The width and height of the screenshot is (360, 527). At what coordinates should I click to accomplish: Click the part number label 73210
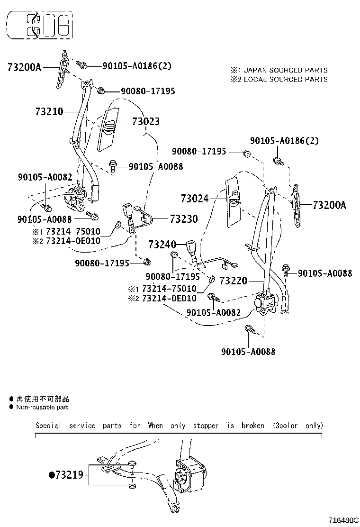click(x=49, y=112)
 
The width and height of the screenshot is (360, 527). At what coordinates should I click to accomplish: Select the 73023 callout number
click(x=145, y=122)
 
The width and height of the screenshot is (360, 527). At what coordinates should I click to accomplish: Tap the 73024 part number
click(x=194, y=199)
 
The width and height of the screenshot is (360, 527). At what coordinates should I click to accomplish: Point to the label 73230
click(x=184, y=219)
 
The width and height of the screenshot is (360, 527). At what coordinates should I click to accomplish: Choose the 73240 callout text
click(x=162, y=245)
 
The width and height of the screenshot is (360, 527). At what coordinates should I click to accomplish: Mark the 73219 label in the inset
click(x=69, y=474)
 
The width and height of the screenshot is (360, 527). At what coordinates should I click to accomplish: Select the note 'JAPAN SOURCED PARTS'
click(x=287, y=70)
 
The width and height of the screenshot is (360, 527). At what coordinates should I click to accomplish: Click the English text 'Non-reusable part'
click(x=42, y=407)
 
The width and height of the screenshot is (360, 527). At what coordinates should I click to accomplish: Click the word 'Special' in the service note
click(x=48, y=426)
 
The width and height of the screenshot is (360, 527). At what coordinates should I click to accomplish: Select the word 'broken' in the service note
click(x=252, y=426)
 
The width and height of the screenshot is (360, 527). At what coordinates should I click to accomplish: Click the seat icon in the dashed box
click(x=40, y=25)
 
